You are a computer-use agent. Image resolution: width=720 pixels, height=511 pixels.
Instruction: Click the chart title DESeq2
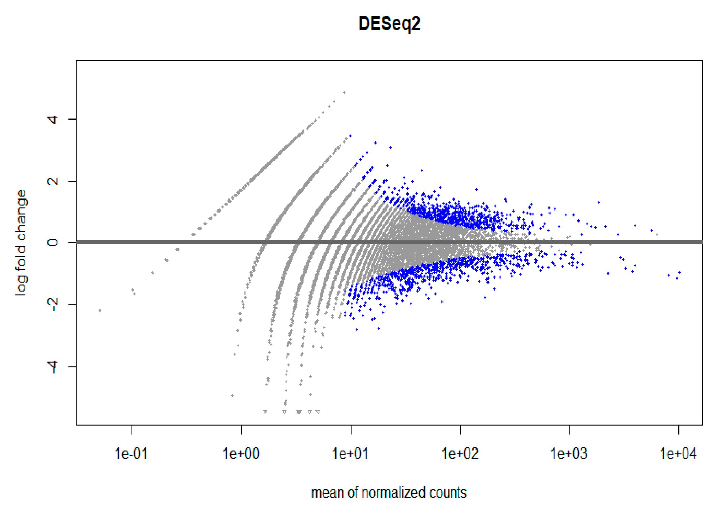coord(389,24)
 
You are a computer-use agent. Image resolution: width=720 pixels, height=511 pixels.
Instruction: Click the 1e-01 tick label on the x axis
coord(131,454)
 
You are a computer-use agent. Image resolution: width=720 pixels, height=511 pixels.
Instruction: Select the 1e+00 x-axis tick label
coord(241,454)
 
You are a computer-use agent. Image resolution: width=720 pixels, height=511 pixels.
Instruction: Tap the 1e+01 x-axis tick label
coord(350,454)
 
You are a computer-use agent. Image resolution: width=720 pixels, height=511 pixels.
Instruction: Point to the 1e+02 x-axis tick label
coord(460,454)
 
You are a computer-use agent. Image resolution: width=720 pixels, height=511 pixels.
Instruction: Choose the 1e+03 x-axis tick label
coord(569,454)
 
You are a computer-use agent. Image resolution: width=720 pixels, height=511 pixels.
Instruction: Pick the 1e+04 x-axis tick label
coord(678,454)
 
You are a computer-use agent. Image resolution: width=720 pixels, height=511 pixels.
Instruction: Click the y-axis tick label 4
coord(52,119)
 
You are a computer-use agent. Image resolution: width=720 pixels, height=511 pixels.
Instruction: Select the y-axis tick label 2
coord(52,181)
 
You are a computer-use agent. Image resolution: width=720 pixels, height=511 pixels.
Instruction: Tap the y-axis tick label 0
coord(52,243)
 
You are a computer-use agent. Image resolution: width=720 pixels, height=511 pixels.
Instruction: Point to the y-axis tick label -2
coord(52,304)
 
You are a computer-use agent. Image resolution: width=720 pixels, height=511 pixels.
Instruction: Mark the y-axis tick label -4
coord(52,366)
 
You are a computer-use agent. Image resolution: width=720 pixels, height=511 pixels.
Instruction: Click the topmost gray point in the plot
coord(344,92)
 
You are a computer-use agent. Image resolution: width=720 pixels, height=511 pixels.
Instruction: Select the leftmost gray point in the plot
coord(100,311)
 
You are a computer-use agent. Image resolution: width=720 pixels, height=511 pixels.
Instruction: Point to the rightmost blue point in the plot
coord(680,272)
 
